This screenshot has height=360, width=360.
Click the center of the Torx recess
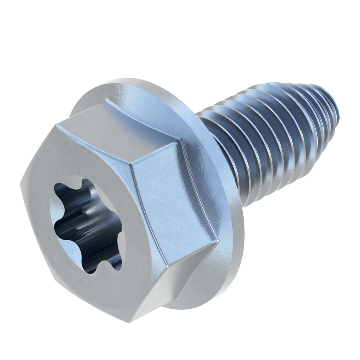(87, 227)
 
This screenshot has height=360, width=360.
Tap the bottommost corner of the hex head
(128, 322)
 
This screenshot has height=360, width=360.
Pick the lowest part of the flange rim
(187, 305)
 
